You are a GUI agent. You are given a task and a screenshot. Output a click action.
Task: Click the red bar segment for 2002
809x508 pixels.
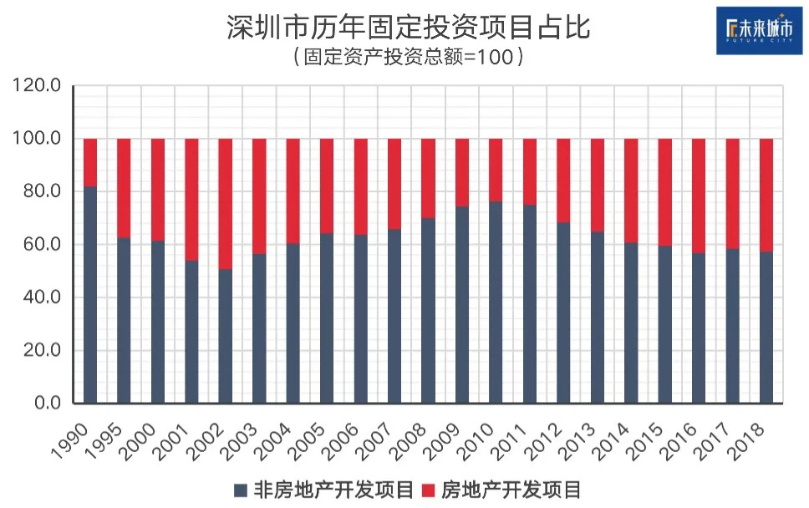[225, 204]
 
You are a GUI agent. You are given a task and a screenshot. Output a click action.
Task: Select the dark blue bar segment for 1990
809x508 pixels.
[90, 294]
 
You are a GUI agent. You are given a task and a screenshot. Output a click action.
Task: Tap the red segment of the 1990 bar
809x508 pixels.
[90, 162]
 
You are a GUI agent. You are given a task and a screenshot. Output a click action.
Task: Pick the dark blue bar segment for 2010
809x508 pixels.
[496, 302]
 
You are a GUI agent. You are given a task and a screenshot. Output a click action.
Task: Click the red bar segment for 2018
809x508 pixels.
[766, 195]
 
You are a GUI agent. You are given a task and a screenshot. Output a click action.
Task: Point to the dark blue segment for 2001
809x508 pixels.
[191, 332]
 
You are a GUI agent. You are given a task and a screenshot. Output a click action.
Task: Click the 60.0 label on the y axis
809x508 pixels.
[39, 244]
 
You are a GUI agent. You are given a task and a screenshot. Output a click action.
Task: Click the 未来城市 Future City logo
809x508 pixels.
[759, 30]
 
